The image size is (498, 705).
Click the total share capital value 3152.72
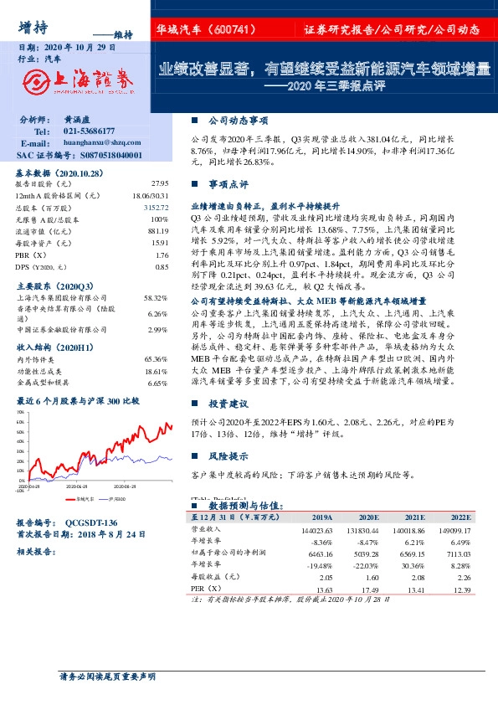(157, 207)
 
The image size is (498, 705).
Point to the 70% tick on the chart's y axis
(20, 413)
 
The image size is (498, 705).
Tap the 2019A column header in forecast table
(321, 517)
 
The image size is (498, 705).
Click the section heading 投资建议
(229, 404)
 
